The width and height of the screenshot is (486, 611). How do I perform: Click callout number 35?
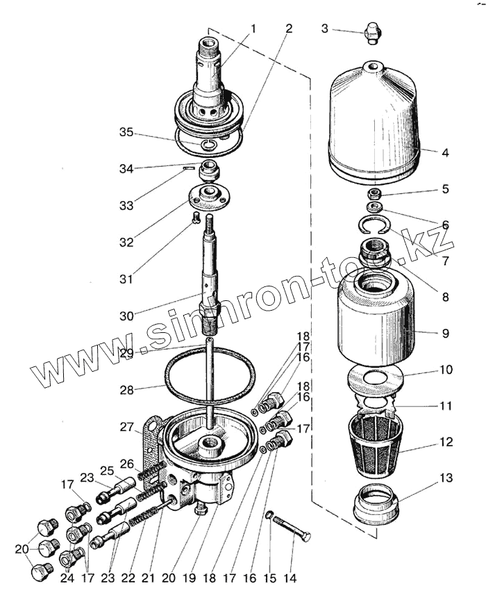coord(126,132)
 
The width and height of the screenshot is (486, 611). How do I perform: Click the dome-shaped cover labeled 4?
coord(375,118)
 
